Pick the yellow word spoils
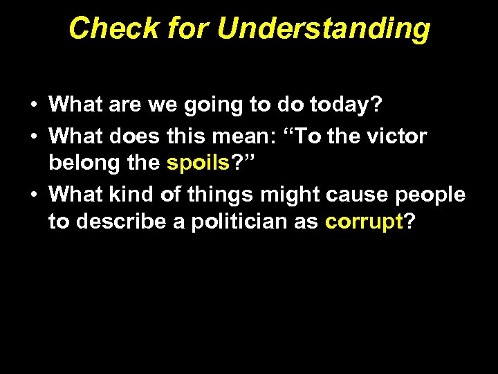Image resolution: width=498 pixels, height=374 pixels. (x=198, y=164)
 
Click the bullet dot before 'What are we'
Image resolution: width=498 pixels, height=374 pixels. (x=33, y=106)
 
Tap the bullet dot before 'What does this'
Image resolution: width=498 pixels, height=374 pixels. (x=33, y=136)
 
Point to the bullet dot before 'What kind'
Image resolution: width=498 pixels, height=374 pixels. (x=33, y=195)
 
